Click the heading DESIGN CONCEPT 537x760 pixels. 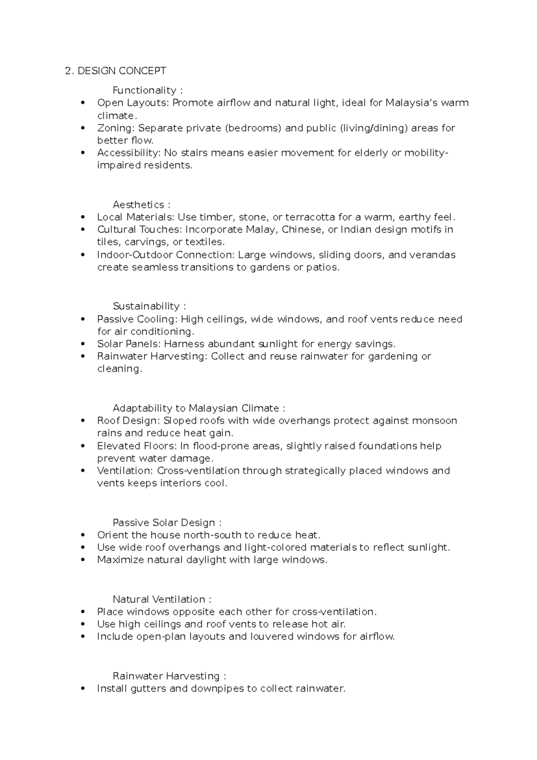point(122,71)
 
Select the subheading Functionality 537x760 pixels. point(144,91)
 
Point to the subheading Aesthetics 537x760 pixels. point(138,205)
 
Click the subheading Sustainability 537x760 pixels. point(146,307)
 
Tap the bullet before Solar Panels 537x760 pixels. point(82,344)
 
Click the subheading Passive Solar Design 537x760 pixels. point(164,523)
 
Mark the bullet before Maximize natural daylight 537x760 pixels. point(82,560)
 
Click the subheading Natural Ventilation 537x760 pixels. point(158,600)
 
